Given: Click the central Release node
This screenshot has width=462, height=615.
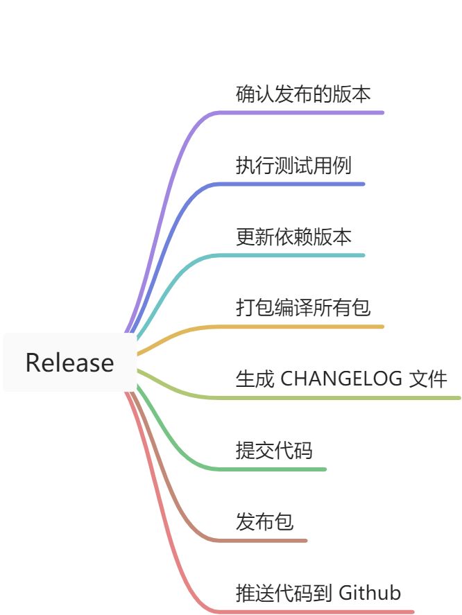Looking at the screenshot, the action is [69, 363].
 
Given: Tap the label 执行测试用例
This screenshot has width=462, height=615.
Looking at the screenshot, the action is [294, 165].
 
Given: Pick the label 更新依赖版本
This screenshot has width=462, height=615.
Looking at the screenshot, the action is [294, 236].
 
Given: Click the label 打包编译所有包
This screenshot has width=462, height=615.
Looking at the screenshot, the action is [304, 307].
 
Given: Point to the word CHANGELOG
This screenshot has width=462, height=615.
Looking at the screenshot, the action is [341, 379].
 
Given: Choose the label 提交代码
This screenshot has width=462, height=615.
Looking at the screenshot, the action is [275, 451].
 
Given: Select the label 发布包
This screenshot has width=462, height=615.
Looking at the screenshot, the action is [265, 521].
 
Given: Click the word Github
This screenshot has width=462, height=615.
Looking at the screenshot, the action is [369, 593].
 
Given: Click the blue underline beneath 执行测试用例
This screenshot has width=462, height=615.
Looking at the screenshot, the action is [298, 184].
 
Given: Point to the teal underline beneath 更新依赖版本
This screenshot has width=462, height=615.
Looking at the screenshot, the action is [298, 255].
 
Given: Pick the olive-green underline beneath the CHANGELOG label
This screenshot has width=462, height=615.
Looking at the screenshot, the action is [347, 398].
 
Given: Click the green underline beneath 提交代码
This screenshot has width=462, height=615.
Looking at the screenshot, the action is [284, 469].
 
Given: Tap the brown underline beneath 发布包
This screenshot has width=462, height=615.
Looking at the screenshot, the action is [271, 540].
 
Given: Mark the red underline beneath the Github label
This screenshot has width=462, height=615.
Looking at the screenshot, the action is [326, 612].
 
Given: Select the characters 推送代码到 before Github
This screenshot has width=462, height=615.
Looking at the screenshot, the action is [284, 593].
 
